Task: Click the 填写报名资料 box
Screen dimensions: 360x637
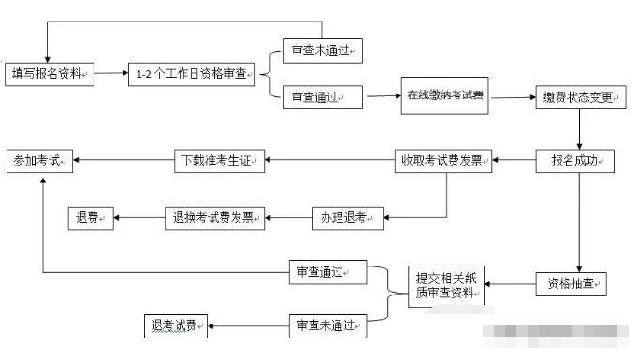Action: click(x=49, y=73)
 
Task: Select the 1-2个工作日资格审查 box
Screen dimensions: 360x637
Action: click(x=193, y=74)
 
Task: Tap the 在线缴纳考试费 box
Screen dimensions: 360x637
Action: click(x=446, y=95)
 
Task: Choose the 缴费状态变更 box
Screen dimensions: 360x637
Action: click(x=579, y=97)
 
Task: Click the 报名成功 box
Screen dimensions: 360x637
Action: click(x=574, y=161)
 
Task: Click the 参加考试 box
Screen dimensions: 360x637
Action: click(x=39, y=161)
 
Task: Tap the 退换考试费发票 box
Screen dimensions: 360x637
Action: click(x=214, y=219)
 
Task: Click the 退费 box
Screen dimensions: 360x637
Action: click(x=89, y=219)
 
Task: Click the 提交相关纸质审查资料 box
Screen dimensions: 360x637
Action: click(x=446, y=285)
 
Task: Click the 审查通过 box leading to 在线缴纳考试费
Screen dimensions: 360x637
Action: click(x=322, y=96)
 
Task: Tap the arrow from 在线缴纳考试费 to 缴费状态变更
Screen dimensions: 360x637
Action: click(x=513, y=97)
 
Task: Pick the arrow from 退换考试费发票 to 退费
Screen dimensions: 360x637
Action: click(x=138, y=219)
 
